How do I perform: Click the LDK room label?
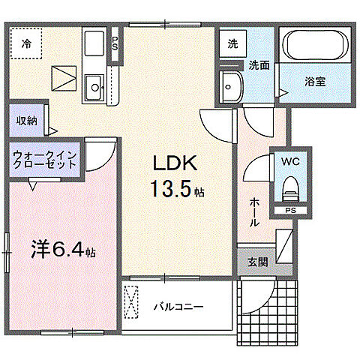(175, 164)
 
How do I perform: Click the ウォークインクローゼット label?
(43, 163)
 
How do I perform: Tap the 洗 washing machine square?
(232, 43)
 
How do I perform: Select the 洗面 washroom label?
(259, 65)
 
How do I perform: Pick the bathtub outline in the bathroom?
(315, 49)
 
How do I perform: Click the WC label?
(290, 160)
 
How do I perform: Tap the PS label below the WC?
(289, 211)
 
